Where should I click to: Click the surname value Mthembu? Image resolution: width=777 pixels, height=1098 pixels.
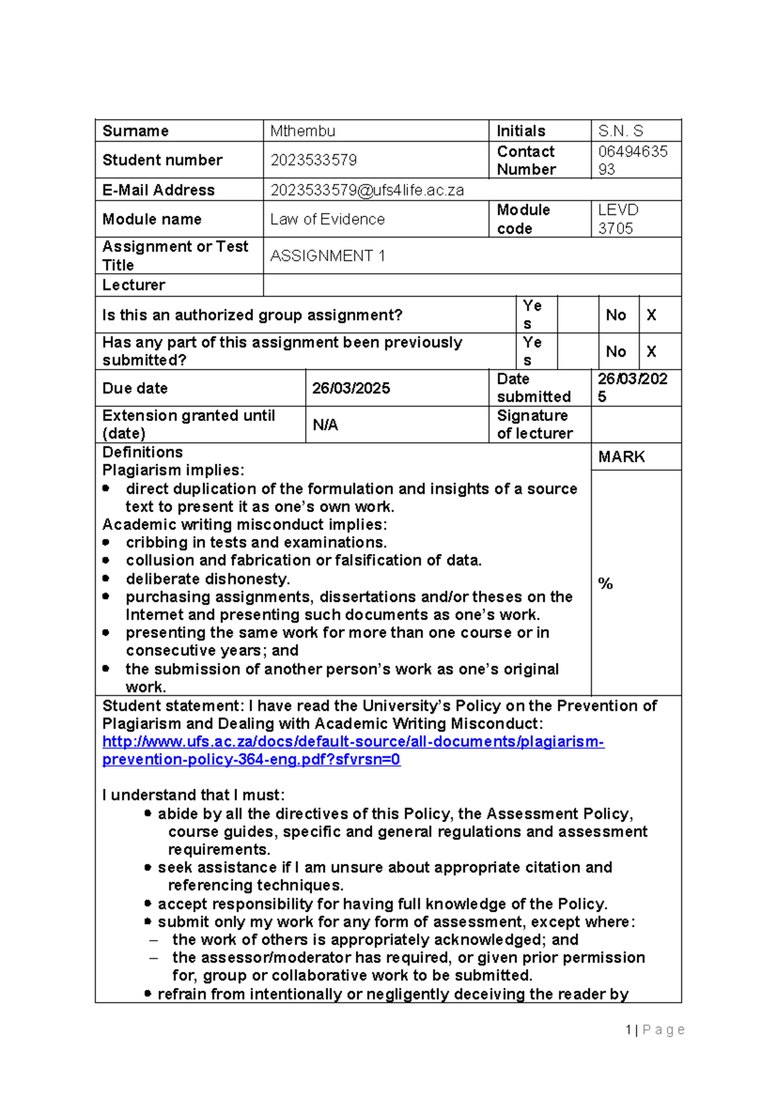tap(302, 131)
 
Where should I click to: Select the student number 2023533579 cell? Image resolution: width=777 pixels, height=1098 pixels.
tap(313, 160)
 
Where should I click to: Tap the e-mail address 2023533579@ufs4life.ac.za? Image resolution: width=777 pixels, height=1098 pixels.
tap(367, 190)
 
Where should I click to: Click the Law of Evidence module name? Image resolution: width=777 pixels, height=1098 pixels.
tap(327, 219)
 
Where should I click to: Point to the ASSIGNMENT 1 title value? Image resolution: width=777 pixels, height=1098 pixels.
tap(327, 256)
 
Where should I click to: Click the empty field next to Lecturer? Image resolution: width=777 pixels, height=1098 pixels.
tap(471, 285)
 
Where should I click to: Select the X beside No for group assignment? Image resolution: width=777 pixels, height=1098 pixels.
tap(651, 315)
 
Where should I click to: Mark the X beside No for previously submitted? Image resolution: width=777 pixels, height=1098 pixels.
tap(651, 352)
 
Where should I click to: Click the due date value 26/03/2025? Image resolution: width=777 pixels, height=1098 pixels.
tap(351, 388)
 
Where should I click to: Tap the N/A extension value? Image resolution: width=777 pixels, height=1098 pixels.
tap(325, 425)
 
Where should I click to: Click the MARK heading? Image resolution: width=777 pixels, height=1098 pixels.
tap(621, 457)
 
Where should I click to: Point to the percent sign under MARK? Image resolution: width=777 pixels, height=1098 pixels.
tap(605, 583)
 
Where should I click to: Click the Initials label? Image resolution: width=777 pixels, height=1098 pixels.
tap(521, 131)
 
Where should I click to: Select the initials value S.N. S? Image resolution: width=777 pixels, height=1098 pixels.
tap(620, 131)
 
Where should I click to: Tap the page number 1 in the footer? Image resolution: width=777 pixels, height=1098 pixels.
tap(628, 1029)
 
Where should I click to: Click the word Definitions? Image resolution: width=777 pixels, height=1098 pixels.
tap(142, 452)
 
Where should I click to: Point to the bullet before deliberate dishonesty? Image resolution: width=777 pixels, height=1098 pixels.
tap(106, 578)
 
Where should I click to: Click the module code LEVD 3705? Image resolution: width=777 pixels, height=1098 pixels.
tap(618, 219)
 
